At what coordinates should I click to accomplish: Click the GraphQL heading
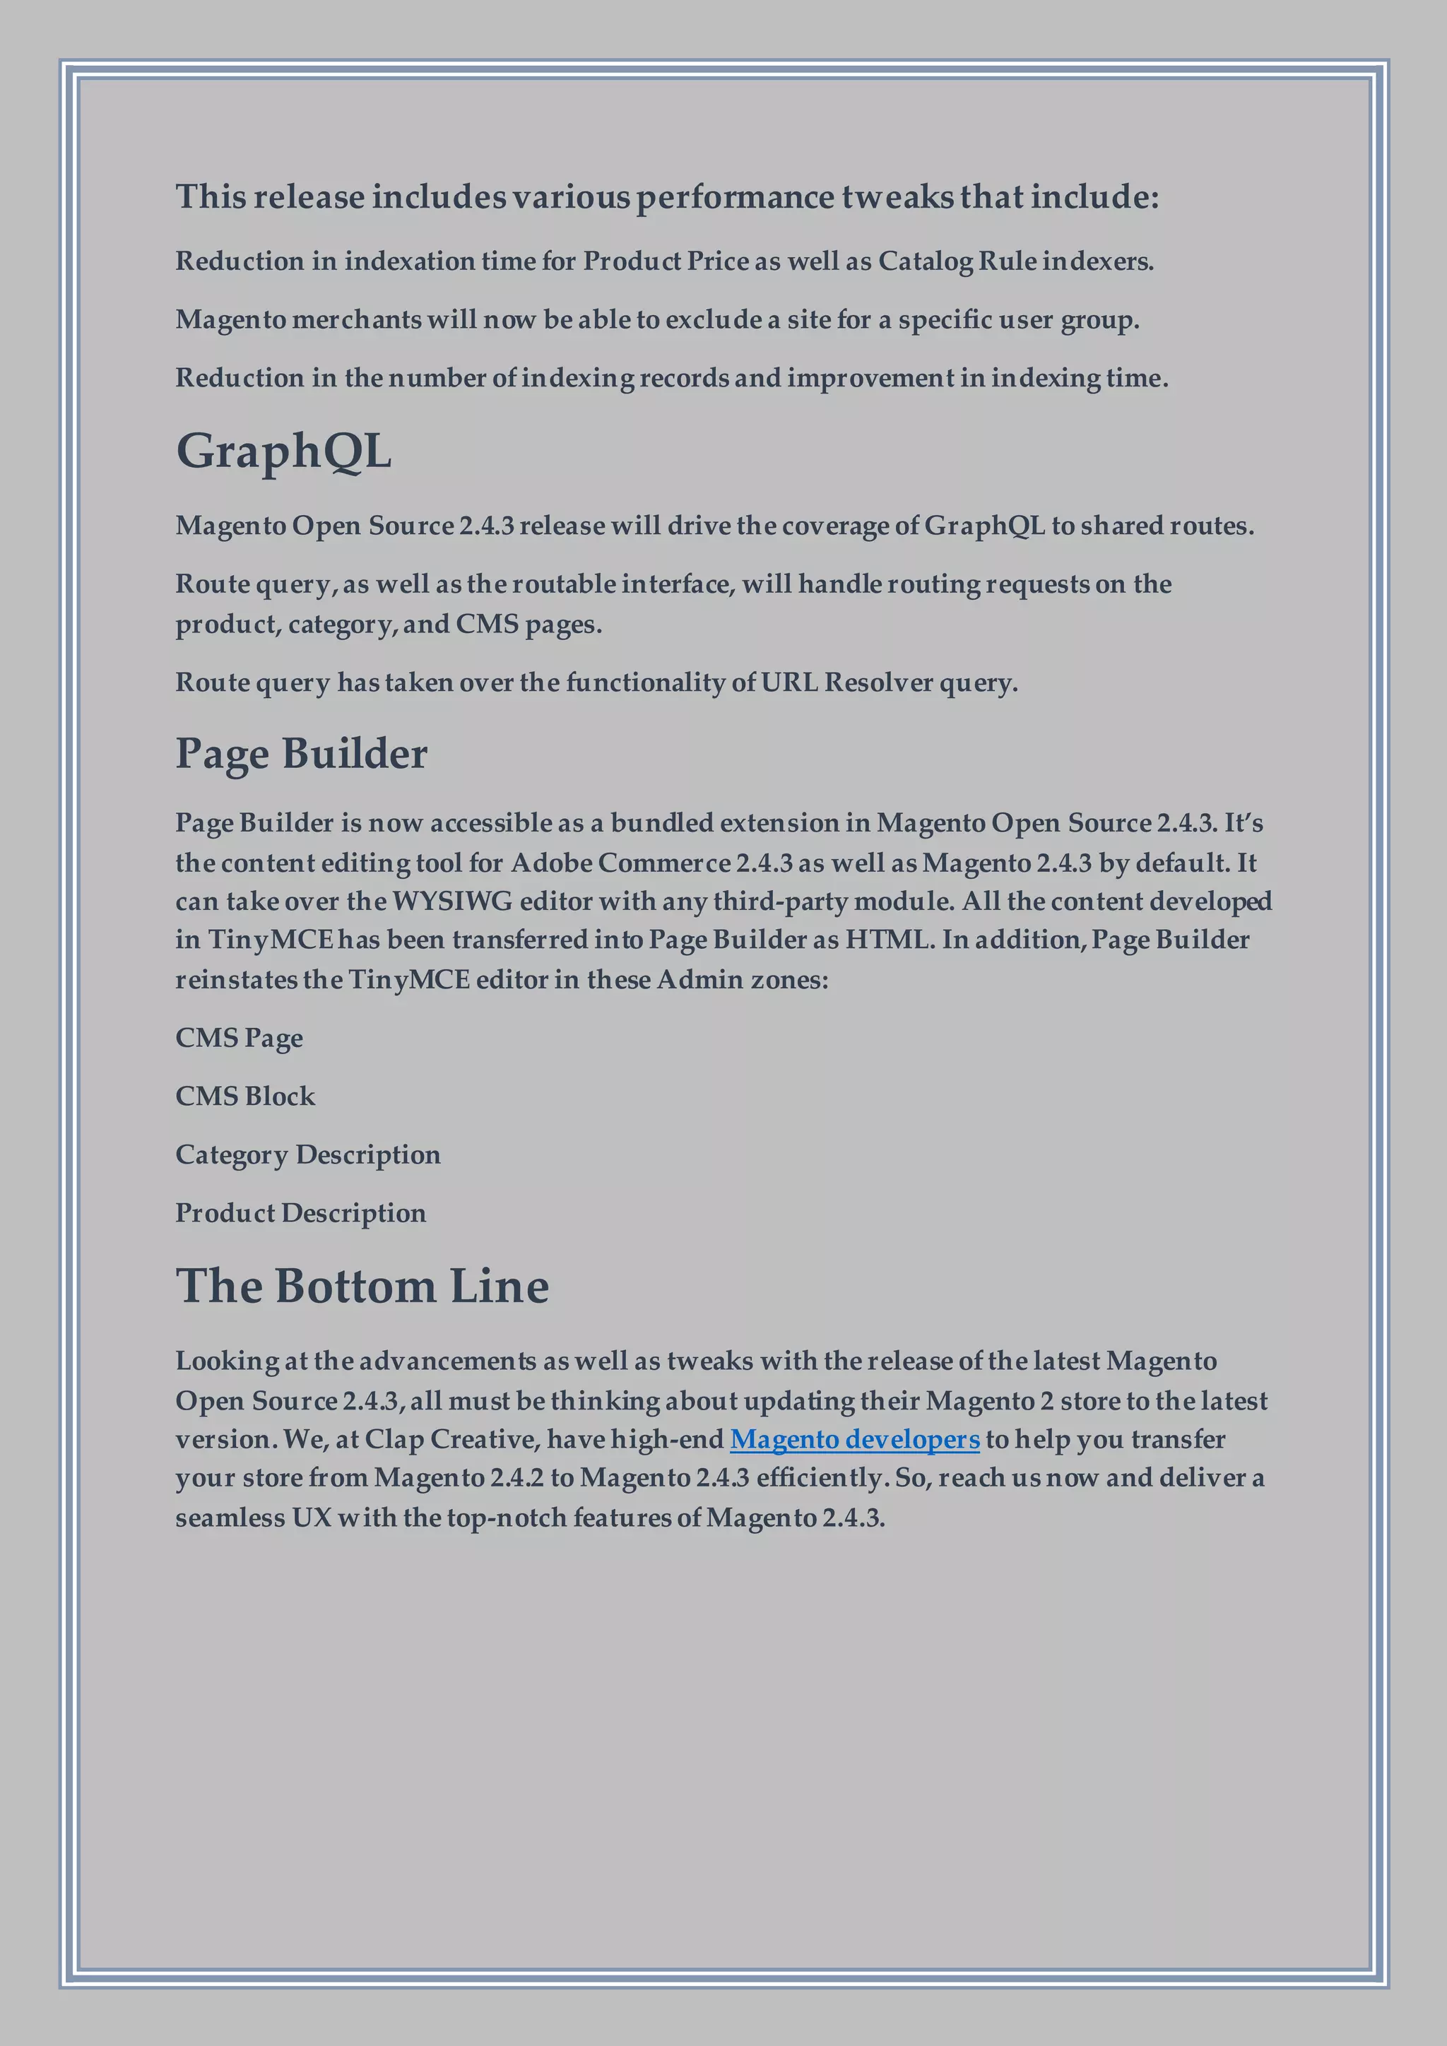pos(283,451)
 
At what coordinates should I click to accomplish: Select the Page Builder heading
pos(301,754)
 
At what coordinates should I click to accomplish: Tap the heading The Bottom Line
pos(362,1286)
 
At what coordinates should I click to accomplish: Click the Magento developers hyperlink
pos(854,1439)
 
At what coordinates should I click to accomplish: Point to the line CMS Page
pos(239,1038)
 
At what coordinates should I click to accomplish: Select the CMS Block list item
pos(245,1096)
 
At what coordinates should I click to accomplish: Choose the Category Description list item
pos(307,1155)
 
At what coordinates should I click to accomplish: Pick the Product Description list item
pos(300,1213)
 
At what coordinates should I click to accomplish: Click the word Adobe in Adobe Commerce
pos(550,863)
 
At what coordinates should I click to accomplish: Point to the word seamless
pos(229,1518)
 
